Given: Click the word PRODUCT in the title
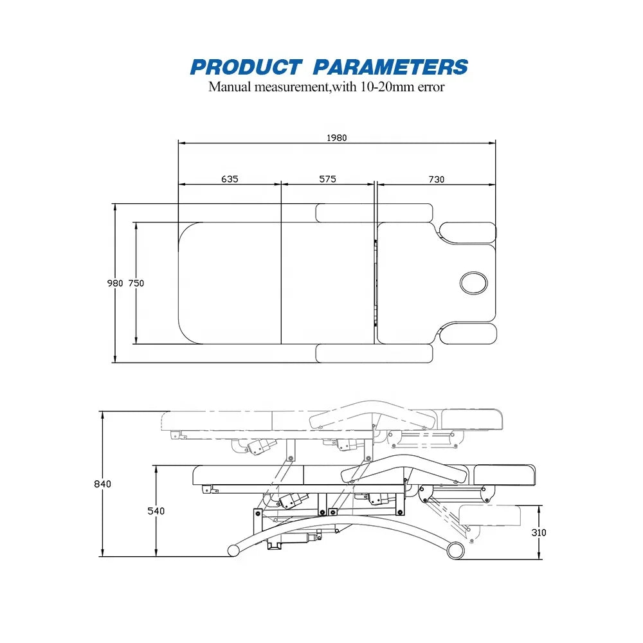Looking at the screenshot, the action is (246, 68).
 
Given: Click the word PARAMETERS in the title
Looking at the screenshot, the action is (391, 68).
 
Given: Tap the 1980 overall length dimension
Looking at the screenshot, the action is (337, 138).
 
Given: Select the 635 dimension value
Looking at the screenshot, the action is (230, 179).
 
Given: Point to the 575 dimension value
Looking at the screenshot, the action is (328, 179).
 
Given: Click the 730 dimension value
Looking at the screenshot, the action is (437, 179).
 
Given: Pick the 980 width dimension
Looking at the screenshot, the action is (115, 284).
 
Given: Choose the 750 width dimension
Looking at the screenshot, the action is (136, 284).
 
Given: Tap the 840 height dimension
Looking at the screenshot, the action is (102, 484).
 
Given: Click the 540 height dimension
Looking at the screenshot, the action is (156, 511).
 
